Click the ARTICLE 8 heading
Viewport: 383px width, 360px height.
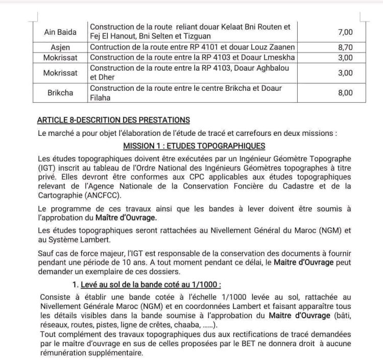pyautogui.click(x=113, y=120)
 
